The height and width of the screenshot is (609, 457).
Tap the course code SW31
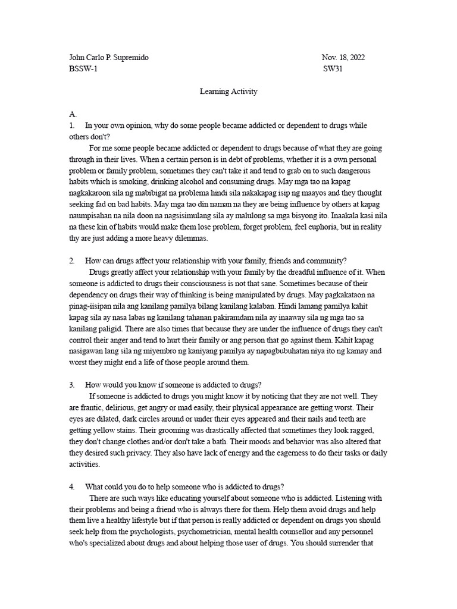(x=333, y=69)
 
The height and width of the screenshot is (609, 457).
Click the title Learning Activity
(x=228, y=92)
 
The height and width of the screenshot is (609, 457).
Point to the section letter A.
(x=73, y=114)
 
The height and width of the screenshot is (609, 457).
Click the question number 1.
(x=72, y=125)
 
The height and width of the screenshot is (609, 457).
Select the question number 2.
(x=72, y=260)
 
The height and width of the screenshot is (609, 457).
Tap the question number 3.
(x=72, y=385)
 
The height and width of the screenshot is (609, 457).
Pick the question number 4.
(x=72, y=486)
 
